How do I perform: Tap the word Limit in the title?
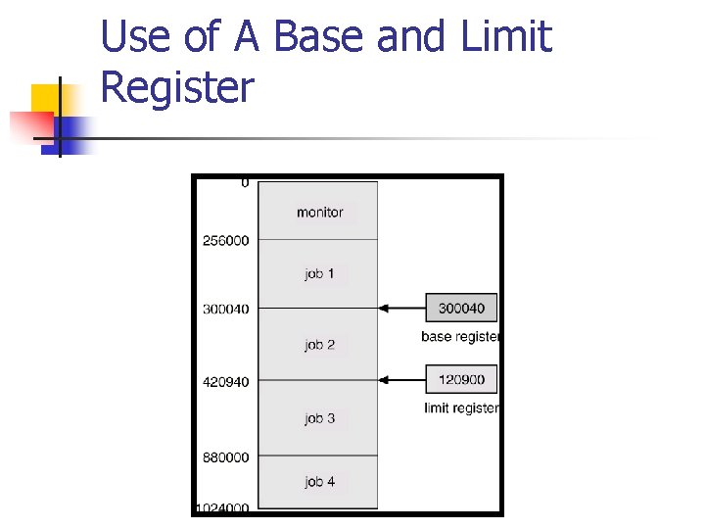point(506,37)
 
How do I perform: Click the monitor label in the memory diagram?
point(319,212)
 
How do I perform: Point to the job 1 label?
point(319,273)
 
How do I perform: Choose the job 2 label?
point(319,345)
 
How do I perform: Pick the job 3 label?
point(319,418)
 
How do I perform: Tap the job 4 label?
point(319,481)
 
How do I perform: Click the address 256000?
point(226,241)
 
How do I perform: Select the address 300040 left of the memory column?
point(226,309)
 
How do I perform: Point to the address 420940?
point(226,382)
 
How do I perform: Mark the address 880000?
point(226,457)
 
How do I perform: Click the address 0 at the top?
point(245,183)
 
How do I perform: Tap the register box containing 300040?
point(461,308)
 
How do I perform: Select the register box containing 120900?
point(461,379)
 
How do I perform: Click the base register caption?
point(460,337)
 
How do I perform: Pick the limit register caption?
point(461,408)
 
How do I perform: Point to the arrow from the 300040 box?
point(401,308)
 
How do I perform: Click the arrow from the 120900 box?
point(401,379)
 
